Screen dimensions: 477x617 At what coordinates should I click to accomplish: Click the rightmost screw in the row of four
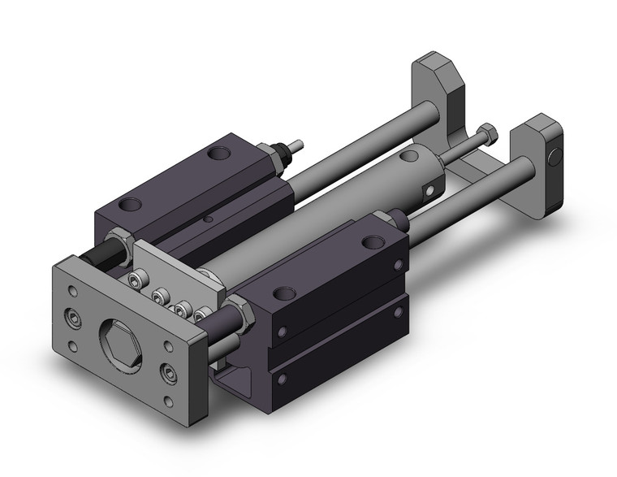tap(195, 314)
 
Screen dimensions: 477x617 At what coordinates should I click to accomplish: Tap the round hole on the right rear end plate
tap(554, 154)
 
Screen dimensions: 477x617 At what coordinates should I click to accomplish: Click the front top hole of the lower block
tap(286, 293)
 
